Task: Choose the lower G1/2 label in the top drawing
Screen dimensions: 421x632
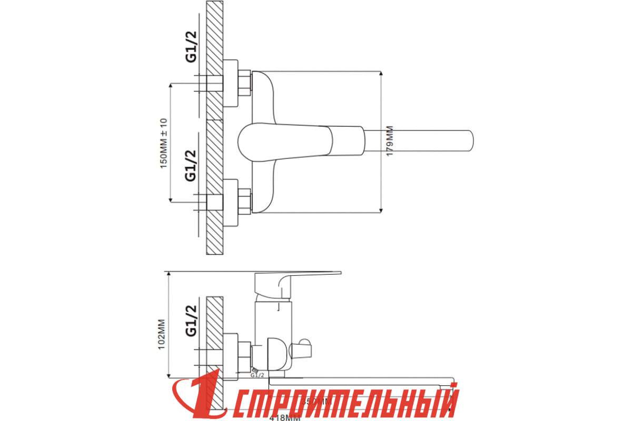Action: pyautogui.click(x=191, y=165)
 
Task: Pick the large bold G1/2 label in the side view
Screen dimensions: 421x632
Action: pyautogui.click(x=191, y=320)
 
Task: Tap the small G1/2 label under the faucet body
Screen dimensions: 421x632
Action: pyautogui.click(x=258, y=375)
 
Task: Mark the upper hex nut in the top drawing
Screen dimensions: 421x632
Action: pyautogui.click(x=244, y=84)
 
